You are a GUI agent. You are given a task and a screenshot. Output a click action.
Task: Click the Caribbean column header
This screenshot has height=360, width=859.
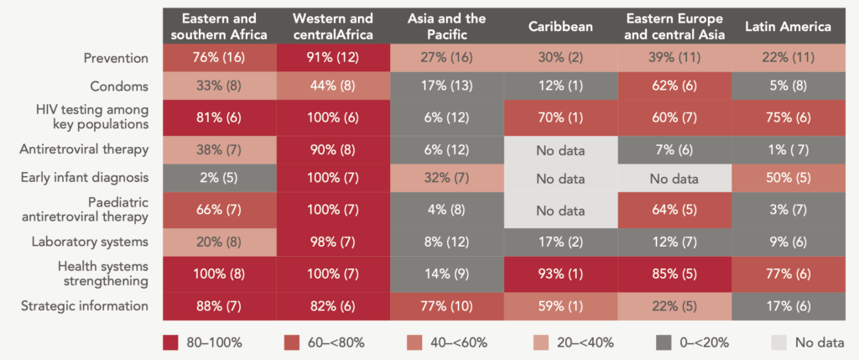tap(560, 26)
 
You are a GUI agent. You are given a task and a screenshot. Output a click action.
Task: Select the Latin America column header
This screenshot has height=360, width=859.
tap(788, 26)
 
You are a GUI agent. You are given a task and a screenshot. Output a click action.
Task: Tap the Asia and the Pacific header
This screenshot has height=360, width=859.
tap(446, 26)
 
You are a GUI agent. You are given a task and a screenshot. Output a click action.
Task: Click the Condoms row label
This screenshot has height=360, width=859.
tap(121, 86)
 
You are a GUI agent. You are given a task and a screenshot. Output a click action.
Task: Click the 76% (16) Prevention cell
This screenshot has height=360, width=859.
tap(219, 58)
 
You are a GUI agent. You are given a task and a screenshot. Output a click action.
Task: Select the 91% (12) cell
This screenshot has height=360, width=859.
tap(333, 58)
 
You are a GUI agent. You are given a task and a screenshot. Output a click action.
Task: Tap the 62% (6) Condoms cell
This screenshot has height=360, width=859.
tap(674, 86)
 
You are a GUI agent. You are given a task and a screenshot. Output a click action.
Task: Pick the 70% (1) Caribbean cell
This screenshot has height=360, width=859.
tap(560, 118)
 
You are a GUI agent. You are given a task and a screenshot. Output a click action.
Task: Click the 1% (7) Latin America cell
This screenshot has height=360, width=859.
tap(788, 150)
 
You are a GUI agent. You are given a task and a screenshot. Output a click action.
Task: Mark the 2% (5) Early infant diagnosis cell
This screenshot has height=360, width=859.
tap(219, 177)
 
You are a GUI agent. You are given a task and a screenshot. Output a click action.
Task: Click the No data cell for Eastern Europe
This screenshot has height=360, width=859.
tap(674, 177)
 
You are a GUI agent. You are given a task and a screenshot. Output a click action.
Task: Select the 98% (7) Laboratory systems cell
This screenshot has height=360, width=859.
tap(333, 241)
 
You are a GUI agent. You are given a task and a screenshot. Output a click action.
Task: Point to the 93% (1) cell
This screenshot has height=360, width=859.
tap(560, 274)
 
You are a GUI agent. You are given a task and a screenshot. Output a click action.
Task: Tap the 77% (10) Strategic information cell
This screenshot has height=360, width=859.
tap(446, 306)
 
